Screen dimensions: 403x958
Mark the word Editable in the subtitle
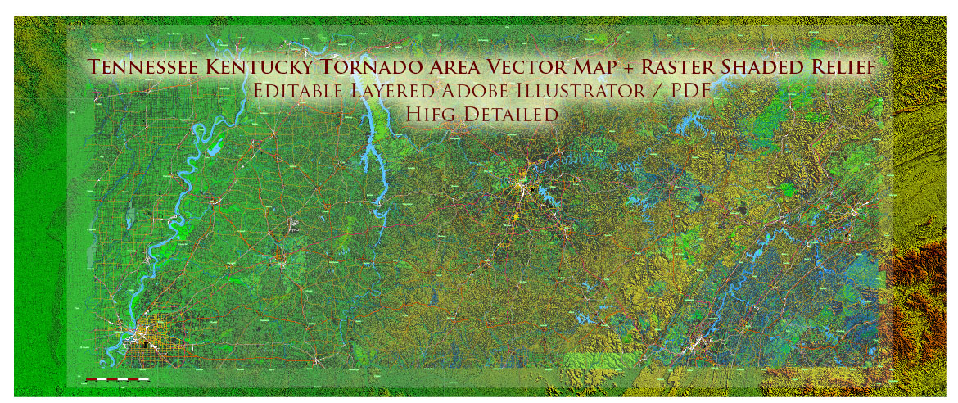point(297,91)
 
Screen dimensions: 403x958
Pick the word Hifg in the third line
point(432,114)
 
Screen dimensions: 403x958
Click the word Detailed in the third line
point(511,114)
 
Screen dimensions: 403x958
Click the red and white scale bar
point(118,379)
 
